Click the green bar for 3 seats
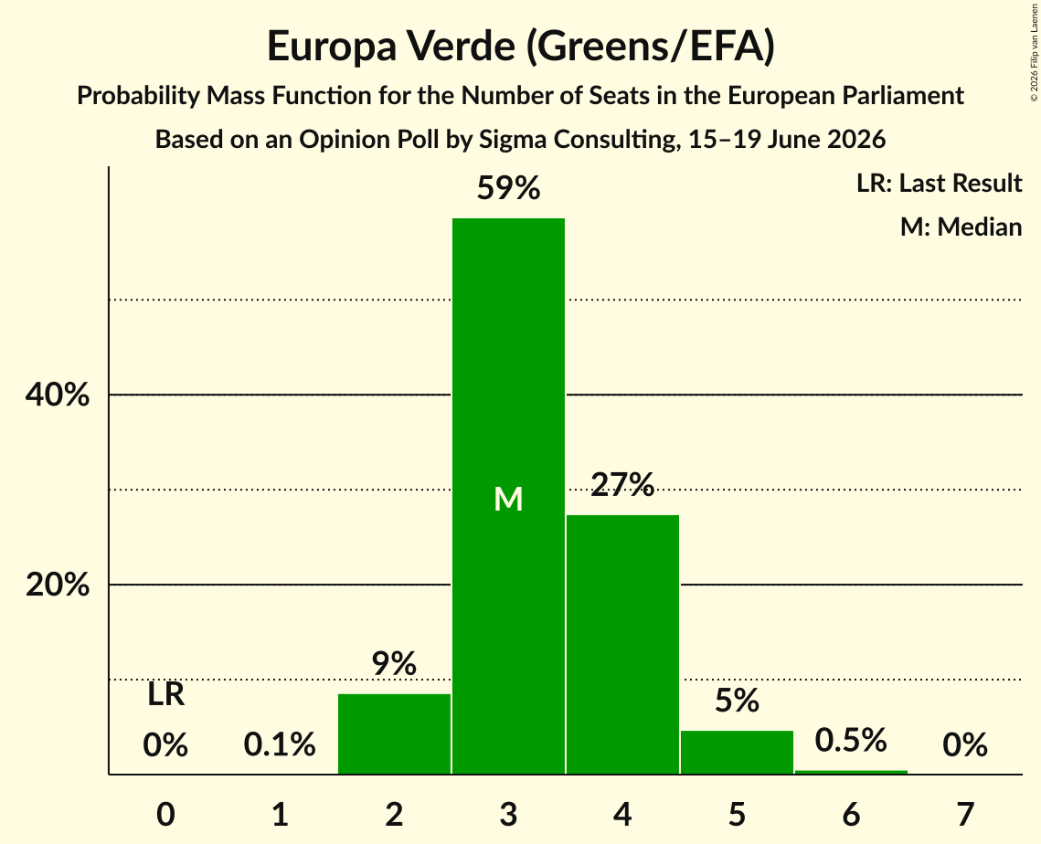coord(508,496)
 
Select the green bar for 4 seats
coord(622,644)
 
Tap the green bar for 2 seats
coord(394,733)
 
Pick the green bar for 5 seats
coord(737,753)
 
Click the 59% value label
coord(508,188)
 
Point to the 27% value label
coord(622,484)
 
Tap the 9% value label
coord(394,663)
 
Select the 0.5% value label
coord(851,740)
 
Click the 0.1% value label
coord(280,744)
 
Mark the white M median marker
coord(508,499)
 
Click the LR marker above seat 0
coord(166,695)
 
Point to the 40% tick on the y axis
coord(58,395)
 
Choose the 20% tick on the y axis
coord(58,585)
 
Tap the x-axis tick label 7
coord(965,814)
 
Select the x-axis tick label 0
coord(166,814)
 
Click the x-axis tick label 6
coord(851,814)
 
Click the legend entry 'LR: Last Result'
coord(940,183)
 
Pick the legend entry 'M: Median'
coord(961,227)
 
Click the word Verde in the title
coord(462,46)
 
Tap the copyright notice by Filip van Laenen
coord(1035,52)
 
